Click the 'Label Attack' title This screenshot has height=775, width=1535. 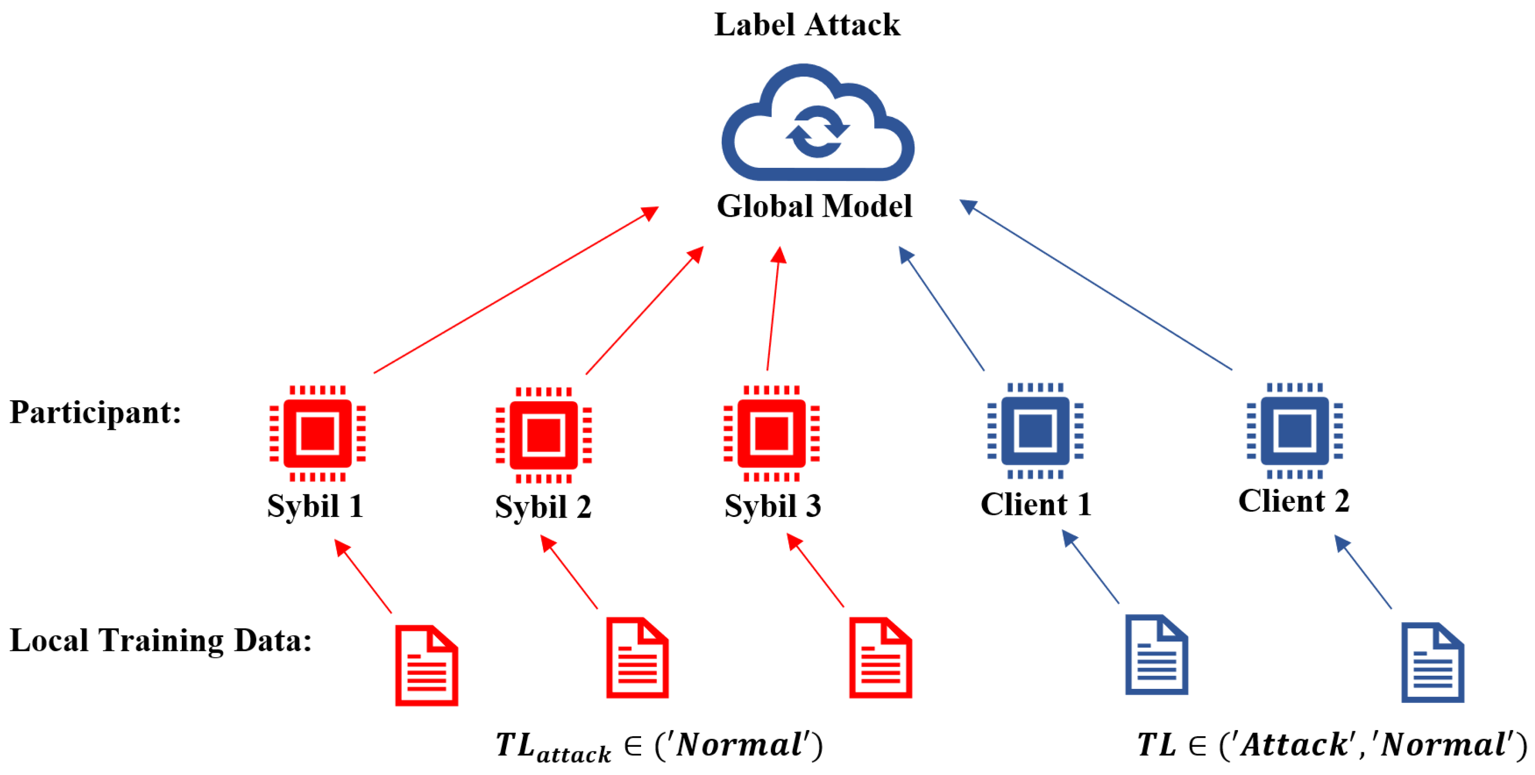[x=807, y=25]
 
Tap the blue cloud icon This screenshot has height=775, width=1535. [x=817, y=125]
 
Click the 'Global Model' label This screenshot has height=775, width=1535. [x=814, y=206]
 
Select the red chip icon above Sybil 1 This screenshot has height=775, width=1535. [x=318, y=433]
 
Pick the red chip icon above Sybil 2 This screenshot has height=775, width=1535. [x=543, y=435]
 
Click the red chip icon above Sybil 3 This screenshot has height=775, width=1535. [x=771, y=433]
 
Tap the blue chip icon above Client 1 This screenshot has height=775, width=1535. [x=1035, y=431]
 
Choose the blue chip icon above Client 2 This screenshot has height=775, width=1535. [x=1294, y=431]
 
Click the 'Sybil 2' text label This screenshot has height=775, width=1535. [x=543, y=507]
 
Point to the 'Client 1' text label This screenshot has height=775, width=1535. [x=1035, y=504]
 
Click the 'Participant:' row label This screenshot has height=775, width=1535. [x=95, y=413]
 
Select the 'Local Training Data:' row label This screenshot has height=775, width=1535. [x=161, y=641]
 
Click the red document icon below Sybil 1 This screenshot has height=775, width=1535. [x=427, y=665]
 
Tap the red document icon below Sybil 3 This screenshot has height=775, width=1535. [x=880, y=658]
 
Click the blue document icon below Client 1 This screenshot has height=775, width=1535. [x=1156, y=655]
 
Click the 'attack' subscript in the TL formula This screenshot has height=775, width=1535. [x=573, y=755]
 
